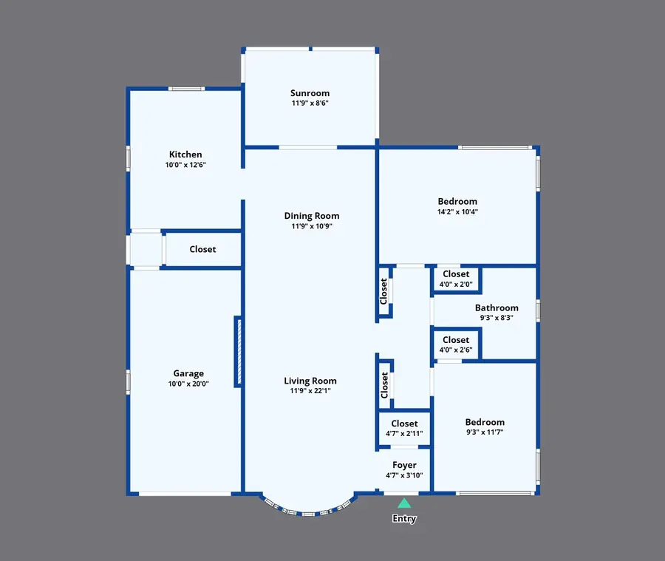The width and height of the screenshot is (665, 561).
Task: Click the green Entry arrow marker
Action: click(404, 503)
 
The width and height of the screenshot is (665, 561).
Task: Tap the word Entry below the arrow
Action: click(404, 519)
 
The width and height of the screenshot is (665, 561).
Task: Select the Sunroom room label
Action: click(310, 93)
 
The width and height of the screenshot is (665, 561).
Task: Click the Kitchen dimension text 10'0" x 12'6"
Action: click(185, 165)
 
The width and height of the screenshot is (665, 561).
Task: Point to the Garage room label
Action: click(188, 373)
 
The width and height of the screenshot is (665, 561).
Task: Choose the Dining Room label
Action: click(312, 216)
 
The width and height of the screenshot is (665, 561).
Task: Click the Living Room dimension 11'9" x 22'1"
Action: click(310, 391)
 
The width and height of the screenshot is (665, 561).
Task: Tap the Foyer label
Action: click(404, 465)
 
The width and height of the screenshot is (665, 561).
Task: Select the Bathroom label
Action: click(497, 307)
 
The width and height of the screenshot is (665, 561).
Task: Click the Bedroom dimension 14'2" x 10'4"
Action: click(457, 211)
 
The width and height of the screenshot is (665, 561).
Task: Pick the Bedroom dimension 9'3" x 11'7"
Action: click(485, 432)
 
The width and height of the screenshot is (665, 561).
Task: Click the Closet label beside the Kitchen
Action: click(202, 249)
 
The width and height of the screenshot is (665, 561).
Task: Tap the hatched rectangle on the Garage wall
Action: click(238, 351)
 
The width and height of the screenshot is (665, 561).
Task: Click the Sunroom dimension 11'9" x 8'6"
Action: click(310, 103)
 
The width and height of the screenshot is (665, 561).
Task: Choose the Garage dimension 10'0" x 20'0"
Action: click(188, 384)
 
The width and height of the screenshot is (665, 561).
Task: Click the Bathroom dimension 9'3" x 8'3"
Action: click(497, 318)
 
